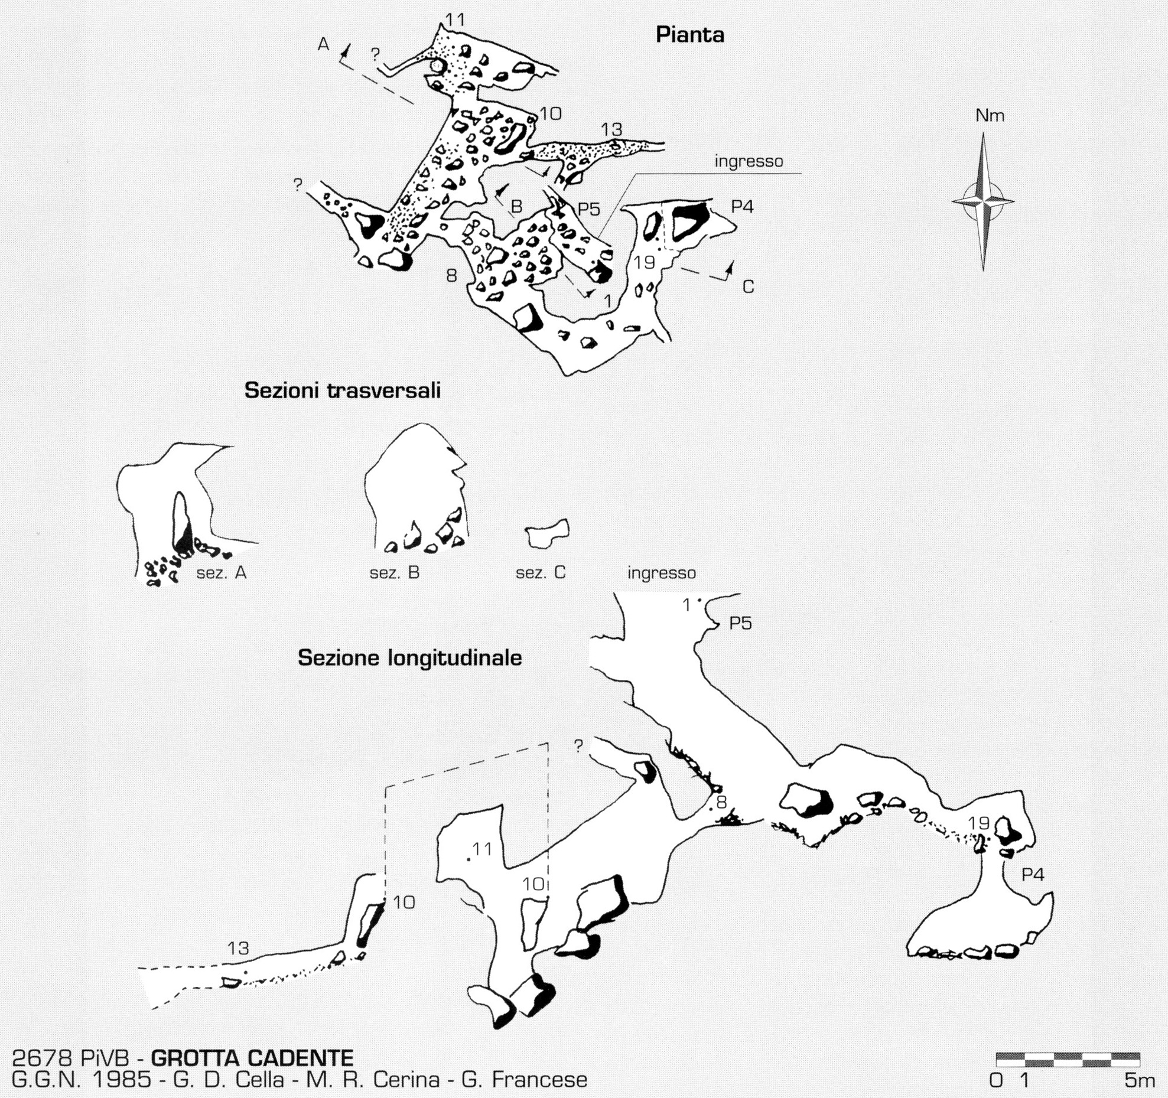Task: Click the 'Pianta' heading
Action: (690, 35)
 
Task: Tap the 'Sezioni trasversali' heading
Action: (343, 391)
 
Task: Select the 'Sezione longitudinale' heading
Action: (410, 658)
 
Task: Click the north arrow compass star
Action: (983, 201)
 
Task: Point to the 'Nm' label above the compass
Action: (990, 116)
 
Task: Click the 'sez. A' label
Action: (222, 572)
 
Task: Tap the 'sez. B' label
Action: (395, 572)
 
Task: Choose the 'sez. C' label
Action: (541, 572)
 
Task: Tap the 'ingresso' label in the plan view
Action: (749, 161)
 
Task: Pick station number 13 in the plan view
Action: (612, 129)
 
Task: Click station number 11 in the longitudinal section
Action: (482, 848)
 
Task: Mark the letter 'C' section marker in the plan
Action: (748, 288)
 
